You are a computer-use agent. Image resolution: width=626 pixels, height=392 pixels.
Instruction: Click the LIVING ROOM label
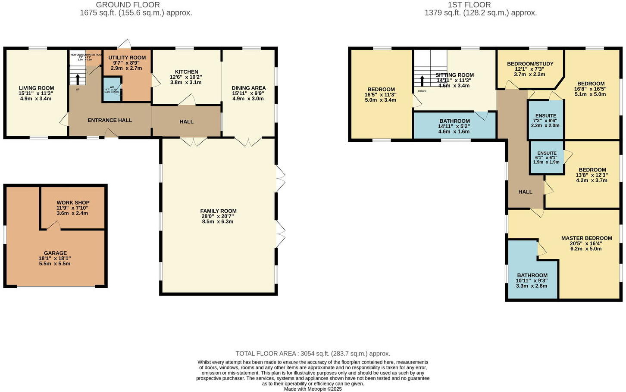tap(36, 88)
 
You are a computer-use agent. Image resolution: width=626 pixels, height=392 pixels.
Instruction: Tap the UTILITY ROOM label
tap(127, 58)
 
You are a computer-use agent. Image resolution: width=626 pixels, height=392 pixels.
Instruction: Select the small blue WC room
tap(112, 90)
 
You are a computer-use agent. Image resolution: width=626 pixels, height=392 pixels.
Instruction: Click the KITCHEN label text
tap(186, 72)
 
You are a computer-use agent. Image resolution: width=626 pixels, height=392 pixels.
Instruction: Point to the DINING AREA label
tap(249, 88)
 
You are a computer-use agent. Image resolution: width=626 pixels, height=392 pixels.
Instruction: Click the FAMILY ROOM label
tap(218, 211)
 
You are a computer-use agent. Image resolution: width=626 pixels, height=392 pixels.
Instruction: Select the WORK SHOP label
tap(73, 202)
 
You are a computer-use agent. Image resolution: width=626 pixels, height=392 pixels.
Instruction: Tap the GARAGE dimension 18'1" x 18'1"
tap(55, 258)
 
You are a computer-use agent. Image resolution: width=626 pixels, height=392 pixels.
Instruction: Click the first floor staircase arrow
tap(422, 81)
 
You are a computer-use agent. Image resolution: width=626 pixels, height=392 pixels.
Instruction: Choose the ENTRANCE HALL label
tap(110, 120)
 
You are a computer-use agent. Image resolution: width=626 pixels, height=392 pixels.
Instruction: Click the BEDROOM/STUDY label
tap(530, 64)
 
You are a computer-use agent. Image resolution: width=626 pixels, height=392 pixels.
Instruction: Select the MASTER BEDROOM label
tap(586, 238)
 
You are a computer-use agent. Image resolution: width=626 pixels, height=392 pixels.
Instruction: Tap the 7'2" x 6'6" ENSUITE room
tap(545, 120)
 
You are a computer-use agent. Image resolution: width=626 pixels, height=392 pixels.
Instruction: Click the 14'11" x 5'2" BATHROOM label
tap(454, 121)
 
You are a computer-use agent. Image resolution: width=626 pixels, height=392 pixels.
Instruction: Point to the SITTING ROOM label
tap(454, 75)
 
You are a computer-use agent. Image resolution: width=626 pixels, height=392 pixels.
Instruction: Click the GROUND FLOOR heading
tap(128, 5)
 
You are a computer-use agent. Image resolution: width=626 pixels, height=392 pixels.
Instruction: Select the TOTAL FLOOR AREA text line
tap(313, 354)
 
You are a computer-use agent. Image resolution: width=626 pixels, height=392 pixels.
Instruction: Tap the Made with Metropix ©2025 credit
tap(313, 389)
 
